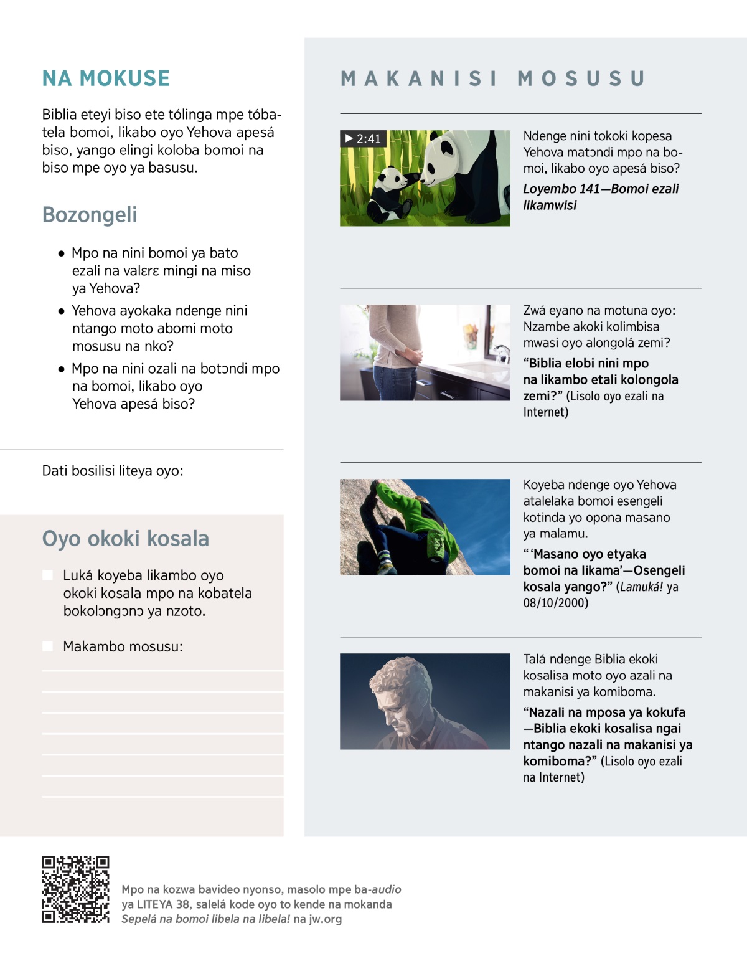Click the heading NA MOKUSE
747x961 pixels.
pos(106,78)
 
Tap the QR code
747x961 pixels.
pos(75,889)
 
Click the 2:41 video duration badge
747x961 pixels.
pos(364,138)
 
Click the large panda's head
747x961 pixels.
pos(446,161)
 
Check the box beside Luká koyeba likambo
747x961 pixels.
pos(48,575)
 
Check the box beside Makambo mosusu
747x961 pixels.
pos(48,646)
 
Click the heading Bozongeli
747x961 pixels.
pos(90,215)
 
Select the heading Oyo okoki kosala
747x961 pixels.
pos(125,539)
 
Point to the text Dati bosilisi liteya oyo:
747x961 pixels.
pos(113,471)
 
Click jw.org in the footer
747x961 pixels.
pos(325,919)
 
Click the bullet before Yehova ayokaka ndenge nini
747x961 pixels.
pos(61,311)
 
